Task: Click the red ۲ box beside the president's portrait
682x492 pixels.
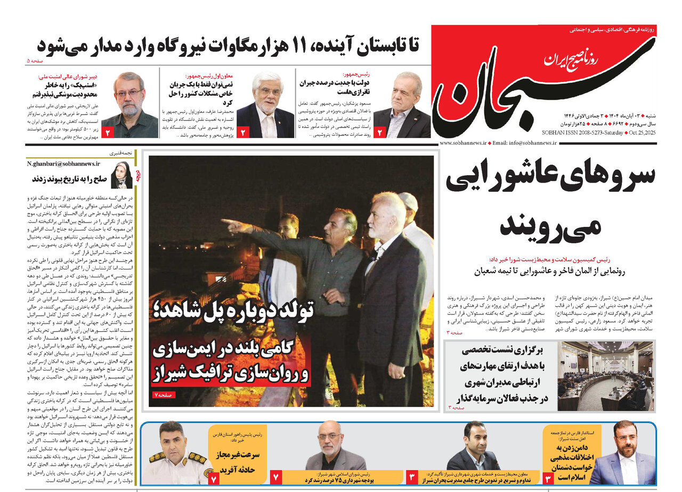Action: tap(380, 132)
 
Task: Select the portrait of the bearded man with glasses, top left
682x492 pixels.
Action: tap(129, 104)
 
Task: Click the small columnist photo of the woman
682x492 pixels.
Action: tap(121, 175)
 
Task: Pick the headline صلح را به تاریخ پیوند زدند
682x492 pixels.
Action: tap(69, 178)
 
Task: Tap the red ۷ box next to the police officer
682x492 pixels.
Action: tap(214, 478)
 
